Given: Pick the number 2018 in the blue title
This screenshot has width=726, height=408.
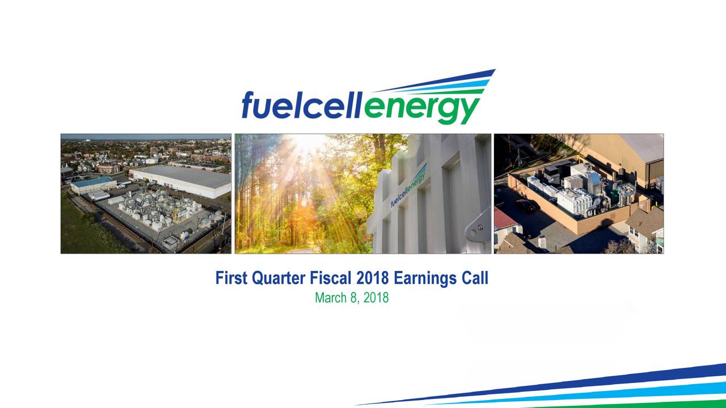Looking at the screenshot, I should [x=373, y=278].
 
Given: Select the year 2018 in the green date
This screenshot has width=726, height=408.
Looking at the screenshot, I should [x=375, y=297].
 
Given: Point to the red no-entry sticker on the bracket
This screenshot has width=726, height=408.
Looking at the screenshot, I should [x=480, y=227].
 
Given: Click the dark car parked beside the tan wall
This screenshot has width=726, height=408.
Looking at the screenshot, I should [x=525, y=205].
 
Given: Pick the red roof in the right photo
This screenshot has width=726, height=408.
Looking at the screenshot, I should [x=503, y=218].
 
